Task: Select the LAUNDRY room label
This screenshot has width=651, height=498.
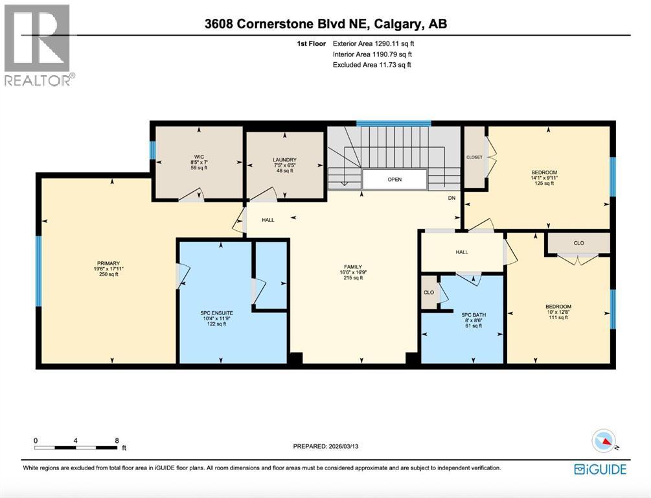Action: (x=284, y=160)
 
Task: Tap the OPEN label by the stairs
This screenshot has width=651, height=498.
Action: (x=394, y=180)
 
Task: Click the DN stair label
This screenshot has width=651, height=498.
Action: (x=451, y=198)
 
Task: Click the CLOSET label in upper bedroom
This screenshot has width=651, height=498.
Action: (x=475, y=157)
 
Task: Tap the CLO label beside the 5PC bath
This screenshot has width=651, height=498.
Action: (x=429, y=292)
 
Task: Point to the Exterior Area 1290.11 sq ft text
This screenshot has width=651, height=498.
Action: (x=372, y=43)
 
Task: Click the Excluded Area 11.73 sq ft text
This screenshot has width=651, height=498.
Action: (x=372, y=65)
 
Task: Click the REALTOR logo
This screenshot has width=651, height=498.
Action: (x=38, y=45)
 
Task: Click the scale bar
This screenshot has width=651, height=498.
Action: (x=76, y=447)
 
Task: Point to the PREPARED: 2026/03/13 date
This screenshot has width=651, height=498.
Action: (x=334, y=446)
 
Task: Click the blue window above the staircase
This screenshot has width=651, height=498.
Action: (x=394, y=123)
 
